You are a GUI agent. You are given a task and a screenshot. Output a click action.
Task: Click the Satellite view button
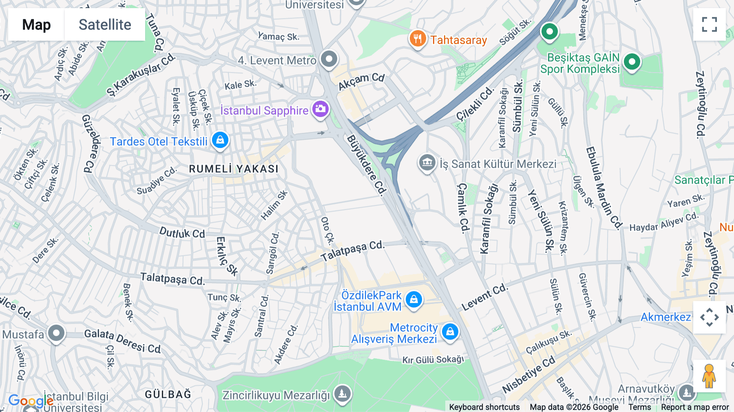[x=105, y=24]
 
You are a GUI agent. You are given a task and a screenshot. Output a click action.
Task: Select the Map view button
[x=36, y=24]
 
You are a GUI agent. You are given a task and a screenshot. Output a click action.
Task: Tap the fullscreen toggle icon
[x=709, y=24]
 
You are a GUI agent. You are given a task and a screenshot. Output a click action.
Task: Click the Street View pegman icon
[x=709, y=376]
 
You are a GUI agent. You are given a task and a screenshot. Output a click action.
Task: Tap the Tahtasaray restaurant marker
[x=417, y=39]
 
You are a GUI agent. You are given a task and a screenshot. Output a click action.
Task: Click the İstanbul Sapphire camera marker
[x=321, y=109]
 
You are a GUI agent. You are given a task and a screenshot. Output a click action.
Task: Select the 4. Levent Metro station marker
[x=329, y=59]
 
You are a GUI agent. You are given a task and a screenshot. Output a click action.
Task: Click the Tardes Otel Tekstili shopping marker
[x=220, y=140]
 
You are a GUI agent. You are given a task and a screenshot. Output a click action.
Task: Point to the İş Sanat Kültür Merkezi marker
[x=427, y=163]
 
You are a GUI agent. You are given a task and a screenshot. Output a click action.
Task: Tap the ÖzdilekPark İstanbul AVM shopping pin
[x=414, y=300]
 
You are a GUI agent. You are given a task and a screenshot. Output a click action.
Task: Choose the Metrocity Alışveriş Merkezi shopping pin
[x=450, y=332]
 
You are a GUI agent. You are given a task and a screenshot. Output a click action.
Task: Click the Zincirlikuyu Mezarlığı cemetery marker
[x=342, y=394]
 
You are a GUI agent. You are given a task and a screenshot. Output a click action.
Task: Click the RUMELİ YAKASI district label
[x=234, y=169]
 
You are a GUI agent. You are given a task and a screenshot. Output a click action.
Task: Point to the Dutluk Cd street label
[x=182, y=233]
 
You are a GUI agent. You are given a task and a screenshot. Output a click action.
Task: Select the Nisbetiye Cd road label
[x=528, y=374]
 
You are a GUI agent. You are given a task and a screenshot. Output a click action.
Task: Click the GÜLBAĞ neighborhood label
[x=168, y=394]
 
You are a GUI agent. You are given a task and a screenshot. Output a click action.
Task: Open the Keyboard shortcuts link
[x=484, y=407]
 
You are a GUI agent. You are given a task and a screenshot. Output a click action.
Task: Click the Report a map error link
[x=695, y=407]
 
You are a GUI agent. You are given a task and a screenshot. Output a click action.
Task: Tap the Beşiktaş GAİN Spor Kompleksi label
[x=580, y=63]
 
